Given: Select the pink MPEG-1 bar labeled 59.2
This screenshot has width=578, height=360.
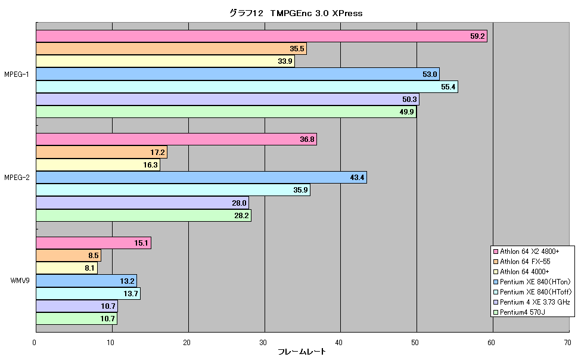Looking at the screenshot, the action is point(262,36).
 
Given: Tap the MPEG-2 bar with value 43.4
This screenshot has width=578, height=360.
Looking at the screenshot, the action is point(201,178).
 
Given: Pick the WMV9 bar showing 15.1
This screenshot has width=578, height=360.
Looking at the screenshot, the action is point(94,243).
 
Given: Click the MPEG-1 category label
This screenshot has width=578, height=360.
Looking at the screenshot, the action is point(17,75).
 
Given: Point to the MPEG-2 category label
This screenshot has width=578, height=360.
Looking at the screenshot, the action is point(17,178).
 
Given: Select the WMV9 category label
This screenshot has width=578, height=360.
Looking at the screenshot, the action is point(20,281).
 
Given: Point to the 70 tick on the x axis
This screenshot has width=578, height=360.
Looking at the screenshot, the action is point(567,343).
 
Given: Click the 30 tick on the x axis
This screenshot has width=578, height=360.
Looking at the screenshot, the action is point(263,343).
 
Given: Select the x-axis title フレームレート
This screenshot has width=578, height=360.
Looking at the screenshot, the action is point(302,352).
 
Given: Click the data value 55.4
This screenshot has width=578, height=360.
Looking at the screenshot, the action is point(448,87).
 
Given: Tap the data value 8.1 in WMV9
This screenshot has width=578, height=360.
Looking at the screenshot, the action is point(89,268).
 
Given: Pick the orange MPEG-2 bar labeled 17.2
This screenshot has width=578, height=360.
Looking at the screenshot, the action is point(102,152).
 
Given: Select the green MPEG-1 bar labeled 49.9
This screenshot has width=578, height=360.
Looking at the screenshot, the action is point(226,112).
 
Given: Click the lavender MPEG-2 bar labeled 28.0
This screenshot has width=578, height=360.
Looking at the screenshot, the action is point(142,203).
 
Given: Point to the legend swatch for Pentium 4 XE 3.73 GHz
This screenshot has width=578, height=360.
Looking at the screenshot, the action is point(496,302).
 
